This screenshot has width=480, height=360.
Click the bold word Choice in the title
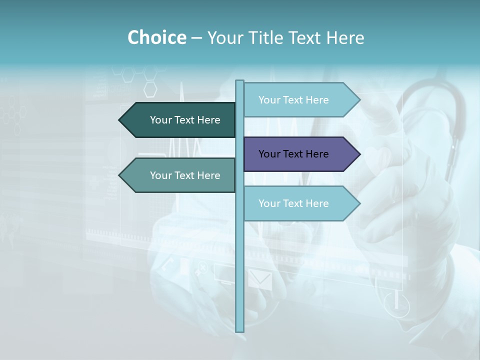point(156,37)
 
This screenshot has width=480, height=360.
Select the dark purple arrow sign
point(300,154)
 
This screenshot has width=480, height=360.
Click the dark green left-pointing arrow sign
point(180,120)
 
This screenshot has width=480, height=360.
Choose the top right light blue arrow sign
point(300,100)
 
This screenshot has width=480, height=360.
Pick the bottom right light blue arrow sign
point(300,203)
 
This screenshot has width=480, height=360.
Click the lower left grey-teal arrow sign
point(180,175)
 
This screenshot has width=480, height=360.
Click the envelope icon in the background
point(260,280)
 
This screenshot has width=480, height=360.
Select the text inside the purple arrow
point(293,154)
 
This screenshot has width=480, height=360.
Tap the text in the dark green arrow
point(185,120)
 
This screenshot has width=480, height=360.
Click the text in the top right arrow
point(293,100)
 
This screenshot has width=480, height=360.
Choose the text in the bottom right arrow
point(293,203)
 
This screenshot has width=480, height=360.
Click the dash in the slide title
point(196,38)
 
